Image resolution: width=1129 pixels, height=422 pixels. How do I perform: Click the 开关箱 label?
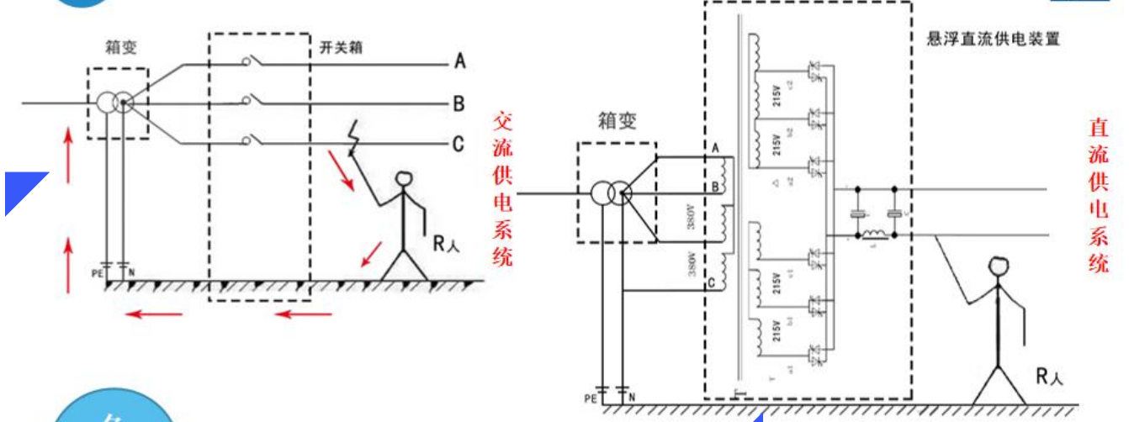[342, 46]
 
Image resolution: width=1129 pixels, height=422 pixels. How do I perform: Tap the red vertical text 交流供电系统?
[502, 189]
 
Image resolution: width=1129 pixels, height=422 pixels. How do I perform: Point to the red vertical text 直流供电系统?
[1099, 195]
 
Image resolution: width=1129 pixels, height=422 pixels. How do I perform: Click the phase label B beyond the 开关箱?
[459, 104]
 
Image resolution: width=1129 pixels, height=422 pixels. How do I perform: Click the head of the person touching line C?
[405, 182]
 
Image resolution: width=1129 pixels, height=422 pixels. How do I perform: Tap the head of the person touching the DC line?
[999, 267]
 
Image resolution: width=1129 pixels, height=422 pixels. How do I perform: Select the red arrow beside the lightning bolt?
[340, 171]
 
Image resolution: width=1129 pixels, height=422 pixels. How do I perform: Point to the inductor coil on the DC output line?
[875, 235]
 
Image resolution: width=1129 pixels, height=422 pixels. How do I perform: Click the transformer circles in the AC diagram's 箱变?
[114, 103]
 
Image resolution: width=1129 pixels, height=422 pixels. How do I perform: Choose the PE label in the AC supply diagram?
[98, 272]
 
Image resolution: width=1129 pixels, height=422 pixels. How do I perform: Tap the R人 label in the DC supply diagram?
[1050, 377]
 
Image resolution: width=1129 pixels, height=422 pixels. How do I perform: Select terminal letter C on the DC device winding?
[713, 282]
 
